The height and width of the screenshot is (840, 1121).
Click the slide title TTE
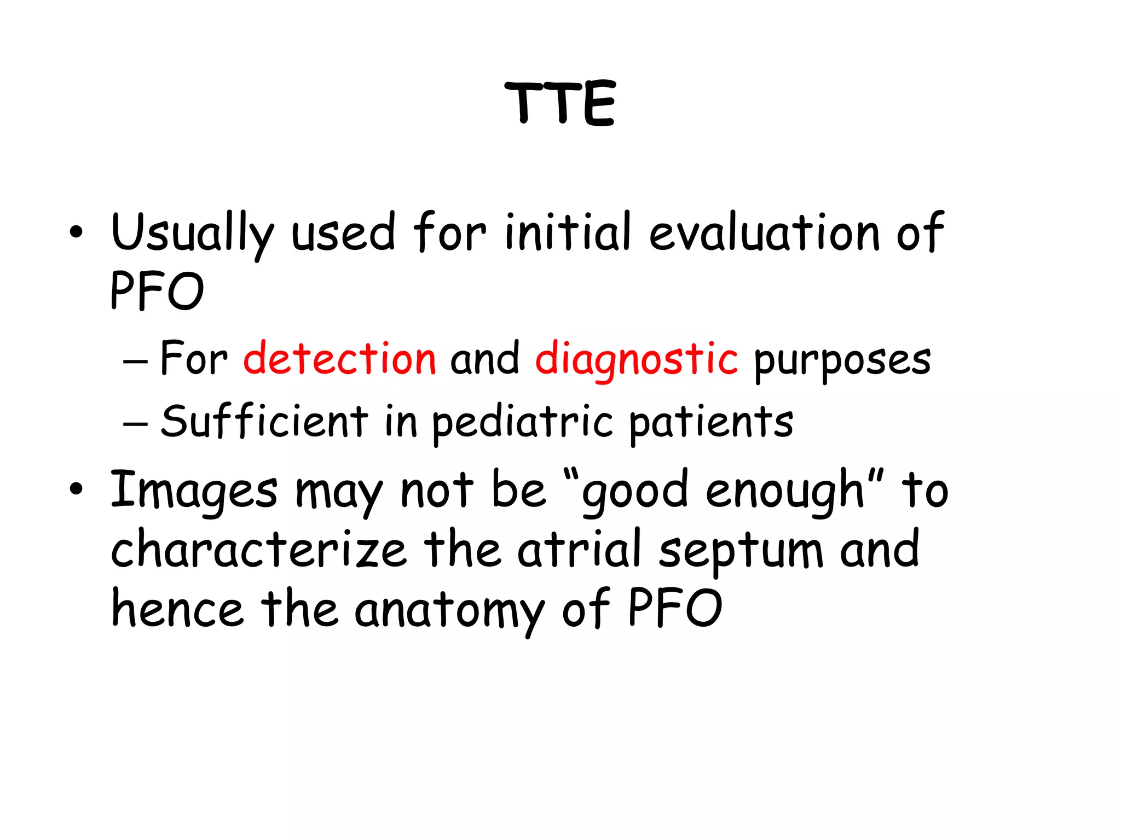click(560, 104)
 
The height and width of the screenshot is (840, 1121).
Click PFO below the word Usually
click(157, 291)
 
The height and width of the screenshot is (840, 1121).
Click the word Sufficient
click(264, 421)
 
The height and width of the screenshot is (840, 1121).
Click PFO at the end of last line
click(674, 608)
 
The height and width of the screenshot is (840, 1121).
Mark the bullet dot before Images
click(76, 489)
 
